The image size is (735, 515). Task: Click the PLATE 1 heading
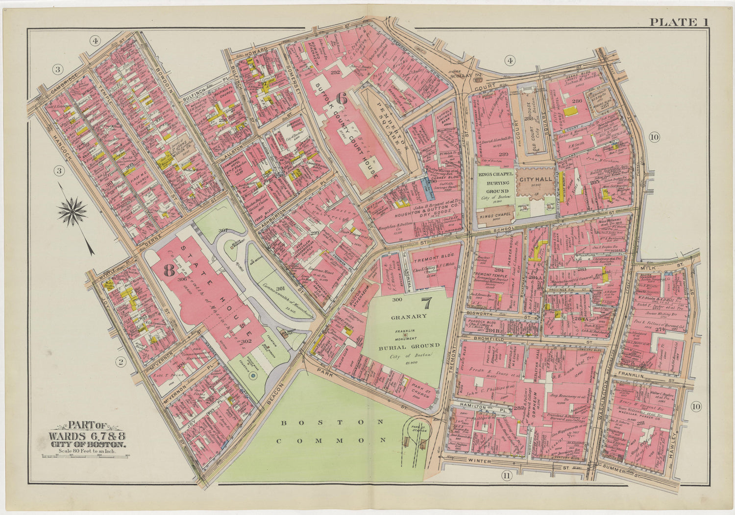coord(679,22)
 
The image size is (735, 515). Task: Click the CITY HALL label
coord(536,179)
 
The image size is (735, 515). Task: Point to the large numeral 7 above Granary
coord(426,304)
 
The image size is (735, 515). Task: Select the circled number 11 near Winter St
coord(506,474)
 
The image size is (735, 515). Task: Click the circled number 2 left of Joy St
coord(119,362)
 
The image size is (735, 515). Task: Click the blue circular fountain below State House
coord(253,376)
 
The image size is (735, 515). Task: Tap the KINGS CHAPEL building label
coord(494,216)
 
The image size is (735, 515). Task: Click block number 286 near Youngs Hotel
coord(577,101)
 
